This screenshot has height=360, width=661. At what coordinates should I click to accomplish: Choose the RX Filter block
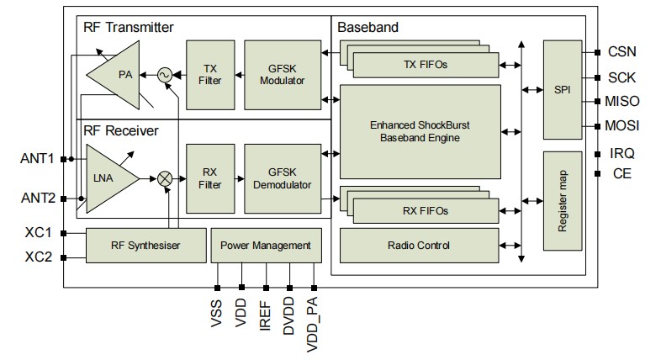point(210,177)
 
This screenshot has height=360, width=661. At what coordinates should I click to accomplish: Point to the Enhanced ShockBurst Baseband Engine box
point(420,130)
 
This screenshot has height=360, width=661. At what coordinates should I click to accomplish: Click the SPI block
point(563,88)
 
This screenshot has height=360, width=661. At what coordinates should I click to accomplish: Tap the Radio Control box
point(420,246)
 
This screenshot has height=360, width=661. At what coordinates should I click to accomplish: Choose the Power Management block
point(265,246)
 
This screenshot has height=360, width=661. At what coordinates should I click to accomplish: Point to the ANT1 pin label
point(38,158)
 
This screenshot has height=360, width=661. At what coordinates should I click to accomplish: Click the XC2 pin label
point(38,257)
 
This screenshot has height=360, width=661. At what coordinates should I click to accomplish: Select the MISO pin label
point(621,101)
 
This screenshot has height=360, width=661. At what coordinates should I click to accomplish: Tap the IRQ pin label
point(621,153)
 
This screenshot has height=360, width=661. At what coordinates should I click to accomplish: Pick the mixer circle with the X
point(165,178)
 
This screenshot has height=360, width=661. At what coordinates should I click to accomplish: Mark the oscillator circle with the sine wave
point(164,75)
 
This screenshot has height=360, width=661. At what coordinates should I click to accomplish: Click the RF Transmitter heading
point(128,27)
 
